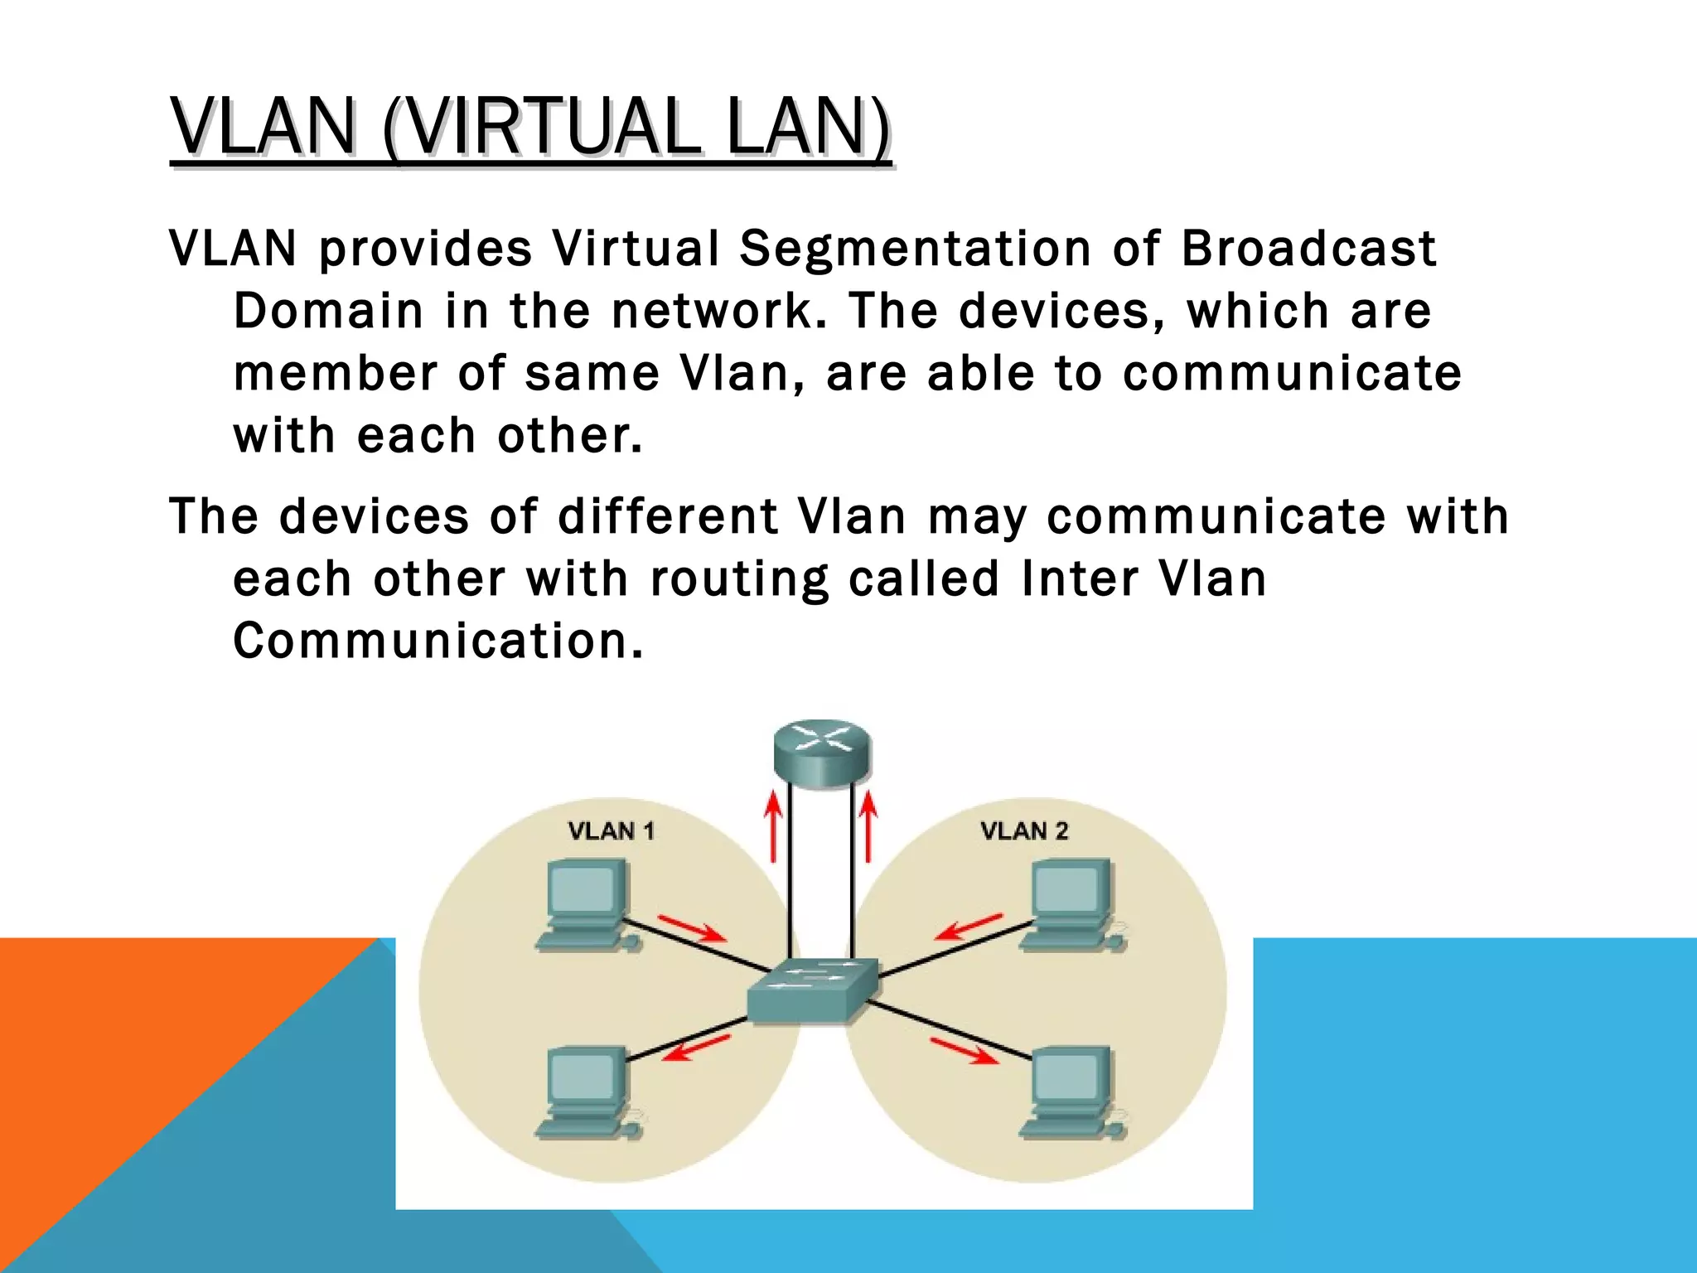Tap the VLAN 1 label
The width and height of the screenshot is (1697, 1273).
point(612,830)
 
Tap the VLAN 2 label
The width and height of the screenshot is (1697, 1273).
point(1024,830)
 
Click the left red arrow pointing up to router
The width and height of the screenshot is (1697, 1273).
point(773,826)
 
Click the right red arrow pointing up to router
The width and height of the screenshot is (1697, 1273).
point(868,826)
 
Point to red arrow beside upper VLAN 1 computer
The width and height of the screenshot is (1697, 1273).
point(692,928)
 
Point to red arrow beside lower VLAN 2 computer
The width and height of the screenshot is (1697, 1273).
point(964,1051)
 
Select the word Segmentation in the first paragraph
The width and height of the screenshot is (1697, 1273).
point(915,249)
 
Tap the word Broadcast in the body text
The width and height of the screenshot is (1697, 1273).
point(1308,249)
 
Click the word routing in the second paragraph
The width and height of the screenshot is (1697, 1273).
point(739,578)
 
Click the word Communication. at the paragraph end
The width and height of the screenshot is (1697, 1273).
point(438,641)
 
